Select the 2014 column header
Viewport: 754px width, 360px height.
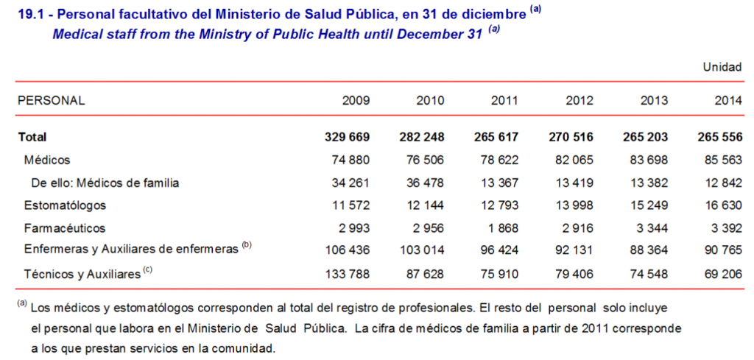[x=727, y=100]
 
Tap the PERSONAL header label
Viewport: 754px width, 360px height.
[x=51, y=100]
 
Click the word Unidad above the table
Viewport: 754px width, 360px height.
[x=722, y=67]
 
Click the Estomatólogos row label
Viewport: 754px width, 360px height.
[x=65, y=205]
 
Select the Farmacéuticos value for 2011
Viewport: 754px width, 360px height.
[x=504, y=228]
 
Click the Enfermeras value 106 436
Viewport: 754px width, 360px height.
[x=345, y=251]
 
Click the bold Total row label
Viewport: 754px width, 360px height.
[x=32, y=137]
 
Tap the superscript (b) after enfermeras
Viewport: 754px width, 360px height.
[x=246, y=247]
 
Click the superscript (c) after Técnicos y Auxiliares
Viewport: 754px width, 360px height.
[x=148, y=270]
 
